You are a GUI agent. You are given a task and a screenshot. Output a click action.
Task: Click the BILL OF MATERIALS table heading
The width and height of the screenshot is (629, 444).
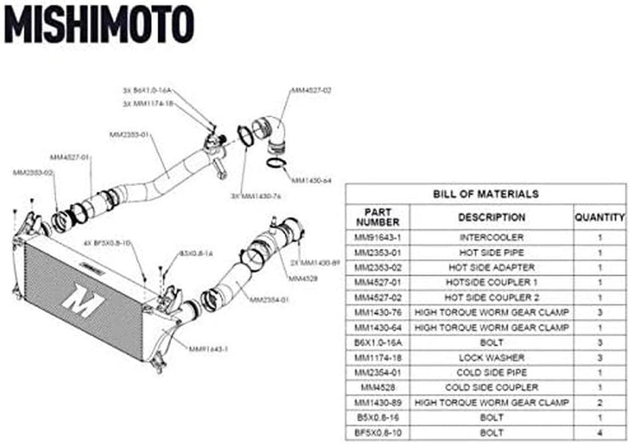tap(485, 194)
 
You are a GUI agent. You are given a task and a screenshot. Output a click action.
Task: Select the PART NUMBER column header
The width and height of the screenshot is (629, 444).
tap(377, 217)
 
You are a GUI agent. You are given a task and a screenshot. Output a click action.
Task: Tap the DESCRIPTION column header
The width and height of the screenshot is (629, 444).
tap(491, 217)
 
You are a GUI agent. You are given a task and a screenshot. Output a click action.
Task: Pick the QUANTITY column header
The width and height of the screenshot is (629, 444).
tap(600, 217)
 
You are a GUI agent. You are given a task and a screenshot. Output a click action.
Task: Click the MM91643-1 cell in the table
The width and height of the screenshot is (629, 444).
tap(377, 237)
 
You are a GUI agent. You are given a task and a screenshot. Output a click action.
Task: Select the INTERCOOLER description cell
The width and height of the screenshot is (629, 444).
tap(491, 237)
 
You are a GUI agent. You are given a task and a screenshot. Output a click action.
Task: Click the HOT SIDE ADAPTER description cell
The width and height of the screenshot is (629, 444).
tap(491, 267)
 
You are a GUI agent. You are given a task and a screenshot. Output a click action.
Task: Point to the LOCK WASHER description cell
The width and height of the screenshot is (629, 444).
tap(491, 358)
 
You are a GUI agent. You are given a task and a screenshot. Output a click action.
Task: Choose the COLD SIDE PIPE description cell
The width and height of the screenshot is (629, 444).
tap(491, 372)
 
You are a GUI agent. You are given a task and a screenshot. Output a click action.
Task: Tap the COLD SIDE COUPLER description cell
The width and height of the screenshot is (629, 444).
tap(491, 388)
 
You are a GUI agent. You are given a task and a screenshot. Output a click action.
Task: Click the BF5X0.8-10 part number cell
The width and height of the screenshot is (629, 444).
tap(377, 432)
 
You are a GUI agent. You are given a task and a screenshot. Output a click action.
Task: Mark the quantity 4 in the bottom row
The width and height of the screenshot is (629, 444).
tap(600, 432)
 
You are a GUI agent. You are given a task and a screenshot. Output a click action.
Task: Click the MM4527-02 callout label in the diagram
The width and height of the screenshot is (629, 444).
tap(311, 90)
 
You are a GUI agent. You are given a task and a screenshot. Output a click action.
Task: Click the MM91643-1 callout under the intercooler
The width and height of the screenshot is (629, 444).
tap(208, 350)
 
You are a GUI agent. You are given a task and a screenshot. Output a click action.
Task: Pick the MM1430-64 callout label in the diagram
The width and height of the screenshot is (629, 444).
tap(311, 181)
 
